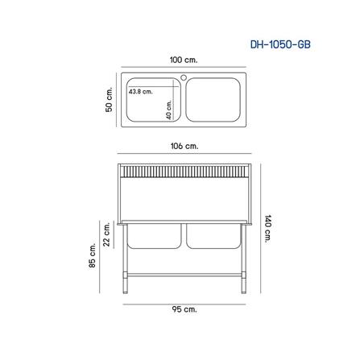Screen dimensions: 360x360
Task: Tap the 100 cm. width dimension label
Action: click(184, 60)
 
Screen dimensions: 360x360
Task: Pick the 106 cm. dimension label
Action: click(184, 146)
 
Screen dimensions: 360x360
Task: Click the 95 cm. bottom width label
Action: click(184, 308)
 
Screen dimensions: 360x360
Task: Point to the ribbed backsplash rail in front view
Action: click(184, 170)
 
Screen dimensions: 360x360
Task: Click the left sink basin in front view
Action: click(154, 235)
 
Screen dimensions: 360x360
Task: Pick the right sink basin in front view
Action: click(215, 235)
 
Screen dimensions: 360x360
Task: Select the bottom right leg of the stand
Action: click(243, 283)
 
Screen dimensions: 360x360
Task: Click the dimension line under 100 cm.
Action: click(184, 69)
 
